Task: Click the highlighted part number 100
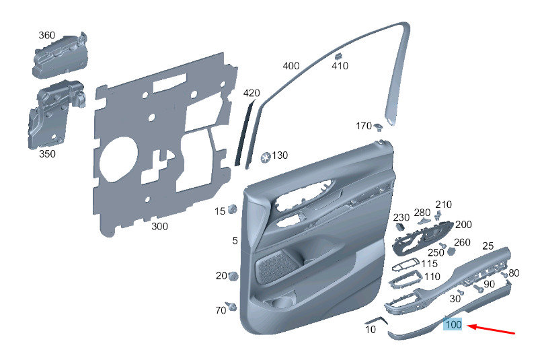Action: point(453,324)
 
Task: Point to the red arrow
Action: point(491,329)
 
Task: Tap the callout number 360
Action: point(46,35)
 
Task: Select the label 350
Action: point(47,153)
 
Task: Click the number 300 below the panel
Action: point(159,227)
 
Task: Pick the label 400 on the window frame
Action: point(291,66)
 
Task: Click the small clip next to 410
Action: point(338,56)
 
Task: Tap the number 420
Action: point(251,93)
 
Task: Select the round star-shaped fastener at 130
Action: point(266,157)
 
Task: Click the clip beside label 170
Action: point(378,127)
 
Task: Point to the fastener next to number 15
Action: point(233,209)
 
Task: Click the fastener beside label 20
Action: point(233,277)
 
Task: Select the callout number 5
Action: point(235,241)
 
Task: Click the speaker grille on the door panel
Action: point(276,265)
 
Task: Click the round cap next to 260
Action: point(451,252)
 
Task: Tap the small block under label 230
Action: point(400,227)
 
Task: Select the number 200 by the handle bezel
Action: point(463,225)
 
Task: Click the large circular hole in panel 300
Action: point(118,159)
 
